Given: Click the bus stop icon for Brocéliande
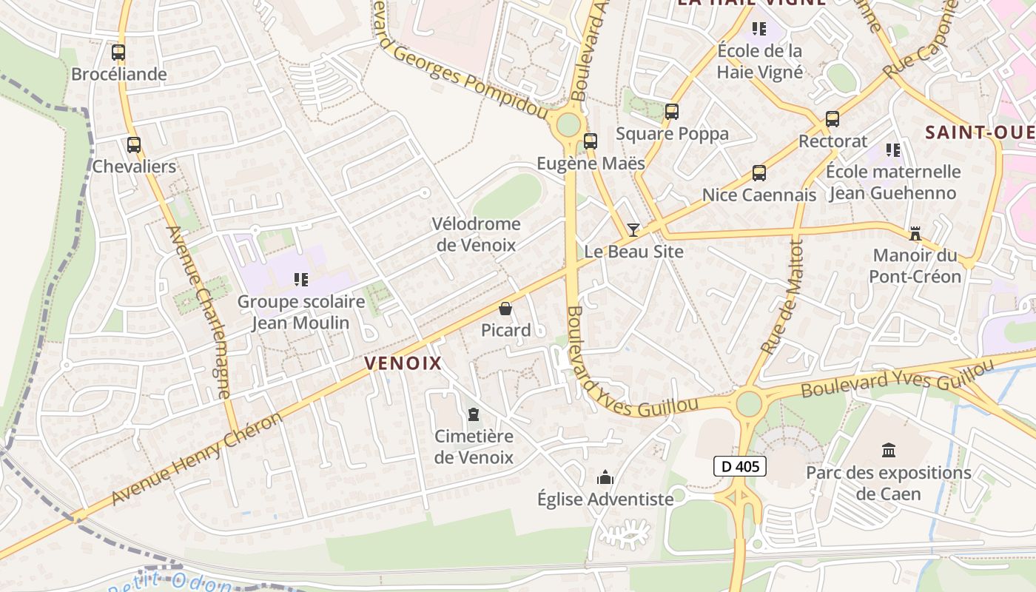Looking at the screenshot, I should point(118,53).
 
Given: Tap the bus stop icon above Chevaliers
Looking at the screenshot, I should point(134,145).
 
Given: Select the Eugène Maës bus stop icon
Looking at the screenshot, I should point(591,141).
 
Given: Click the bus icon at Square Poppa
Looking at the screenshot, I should point(672,112).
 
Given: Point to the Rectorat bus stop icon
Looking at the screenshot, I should point(832,119).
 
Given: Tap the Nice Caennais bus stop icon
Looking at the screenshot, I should point(759,173).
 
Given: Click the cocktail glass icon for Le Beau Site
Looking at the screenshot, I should point(633,229).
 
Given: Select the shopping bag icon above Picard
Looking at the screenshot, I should point(505,309).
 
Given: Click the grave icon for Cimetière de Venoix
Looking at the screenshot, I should point(474,414).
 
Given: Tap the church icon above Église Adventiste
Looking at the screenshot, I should point(605,477).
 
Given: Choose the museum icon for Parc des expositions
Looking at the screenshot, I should point(889,450).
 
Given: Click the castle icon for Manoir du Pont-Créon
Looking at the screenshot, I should point(915,235).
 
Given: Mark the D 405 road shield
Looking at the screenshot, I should point(739,466).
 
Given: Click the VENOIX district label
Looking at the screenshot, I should point(403,363).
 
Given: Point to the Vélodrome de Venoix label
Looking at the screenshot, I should point(477,234).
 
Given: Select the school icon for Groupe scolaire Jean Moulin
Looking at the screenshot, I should point(301,280).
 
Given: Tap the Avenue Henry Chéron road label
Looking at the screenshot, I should point(197,460).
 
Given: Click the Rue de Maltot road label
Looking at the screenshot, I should point(784,296).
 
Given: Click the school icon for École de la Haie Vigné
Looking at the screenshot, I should point(759,29).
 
